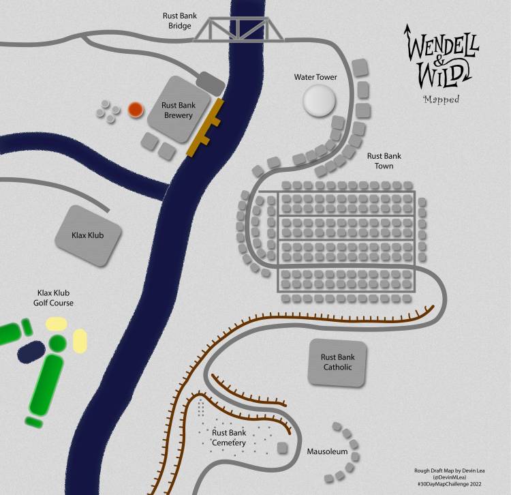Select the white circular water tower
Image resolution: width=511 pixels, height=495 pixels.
(319, 101)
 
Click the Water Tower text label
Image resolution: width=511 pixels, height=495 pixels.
(315, 77)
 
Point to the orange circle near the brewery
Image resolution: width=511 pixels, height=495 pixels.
(135, 109)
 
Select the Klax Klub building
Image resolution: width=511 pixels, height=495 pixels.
(89, 236)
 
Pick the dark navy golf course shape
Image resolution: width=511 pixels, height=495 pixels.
(31, 352)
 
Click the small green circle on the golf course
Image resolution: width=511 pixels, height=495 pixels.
(58, 342)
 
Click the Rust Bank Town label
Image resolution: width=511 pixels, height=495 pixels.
(380, 161)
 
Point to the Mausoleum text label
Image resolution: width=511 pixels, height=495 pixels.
(327, 451)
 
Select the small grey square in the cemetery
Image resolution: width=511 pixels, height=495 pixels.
(282, 448)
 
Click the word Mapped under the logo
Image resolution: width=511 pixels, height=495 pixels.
(441, 100)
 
